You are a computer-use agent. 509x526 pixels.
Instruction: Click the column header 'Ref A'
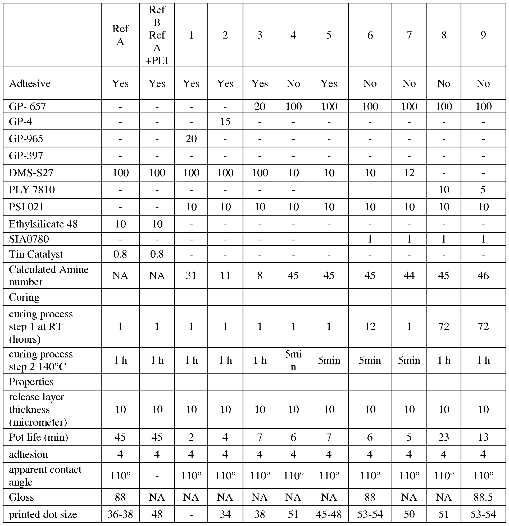tap(120, 35)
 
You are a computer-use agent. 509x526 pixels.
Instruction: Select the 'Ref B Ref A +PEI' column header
tap(157, 35)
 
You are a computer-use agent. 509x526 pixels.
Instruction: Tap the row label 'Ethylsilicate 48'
tap(43, 224)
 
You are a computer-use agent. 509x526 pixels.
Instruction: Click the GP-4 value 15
tap(225, 122)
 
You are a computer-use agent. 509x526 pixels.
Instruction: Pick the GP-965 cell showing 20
tap(191, 138)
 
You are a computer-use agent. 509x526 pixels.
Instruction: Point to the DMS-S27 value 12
tap(409, 173)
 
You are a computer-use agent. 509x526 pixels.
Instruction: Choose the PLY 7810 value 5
tap(483, 190)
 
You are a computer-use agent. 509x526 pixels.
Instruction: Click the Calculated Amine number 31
tap(191, 275)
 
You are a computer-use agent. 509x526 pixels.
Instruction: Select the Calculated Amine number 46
tap(483, 275)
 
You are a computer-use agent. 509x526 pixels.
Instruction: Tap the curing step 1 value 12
tap(370, 326)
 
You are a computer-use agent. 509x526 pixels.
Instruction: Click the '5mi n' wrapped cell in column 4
tap(293, 360)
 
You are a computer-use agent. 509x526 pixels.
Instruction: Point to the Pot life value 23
tap(444, 437)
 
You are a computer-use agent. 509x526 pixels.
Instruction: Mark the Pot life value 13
tap(483, 437)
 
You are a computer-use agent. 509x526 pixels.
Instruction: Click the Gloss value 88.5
tap(483, 497)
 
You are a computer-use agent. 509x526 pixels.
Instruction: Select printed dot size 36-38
tap(120, 514)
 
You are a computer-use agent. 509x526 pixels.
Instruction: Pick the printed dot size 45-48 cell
tap(329, 514)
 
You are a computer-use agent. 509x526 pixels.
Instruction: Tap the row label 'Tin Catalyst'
tap(36, 254)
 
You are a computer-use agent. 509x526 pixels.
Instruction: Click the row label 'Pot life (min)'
tap(38, 437)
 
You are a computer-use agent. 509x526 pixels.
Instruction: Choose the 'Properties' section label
tap(31, 381)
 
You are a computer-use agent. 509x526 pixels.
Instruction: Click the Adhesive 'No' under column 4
tap(293, 83)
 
